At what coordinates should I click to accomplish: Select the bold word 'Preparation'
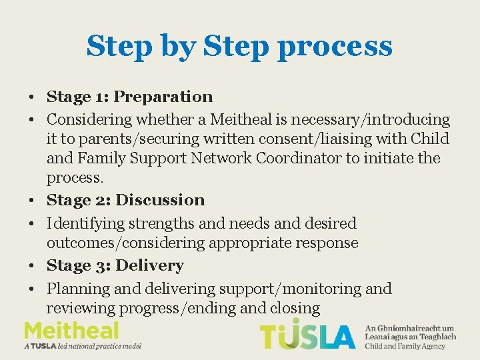coord(163,97)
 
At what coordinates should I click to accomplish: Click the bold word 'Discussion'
coord(160,200)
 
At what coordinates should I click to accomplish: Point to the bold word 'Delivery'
coord(149,265)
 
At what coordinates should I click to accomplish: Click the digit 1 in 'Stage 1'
coord(102,97)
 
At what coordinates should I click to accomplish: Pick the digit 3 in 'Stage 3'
coord(103,266)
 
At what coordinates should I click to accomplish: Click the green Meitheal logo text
coord(71,331)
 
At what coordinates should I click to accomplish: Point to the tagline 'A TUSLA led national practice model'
coord(83,346)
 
